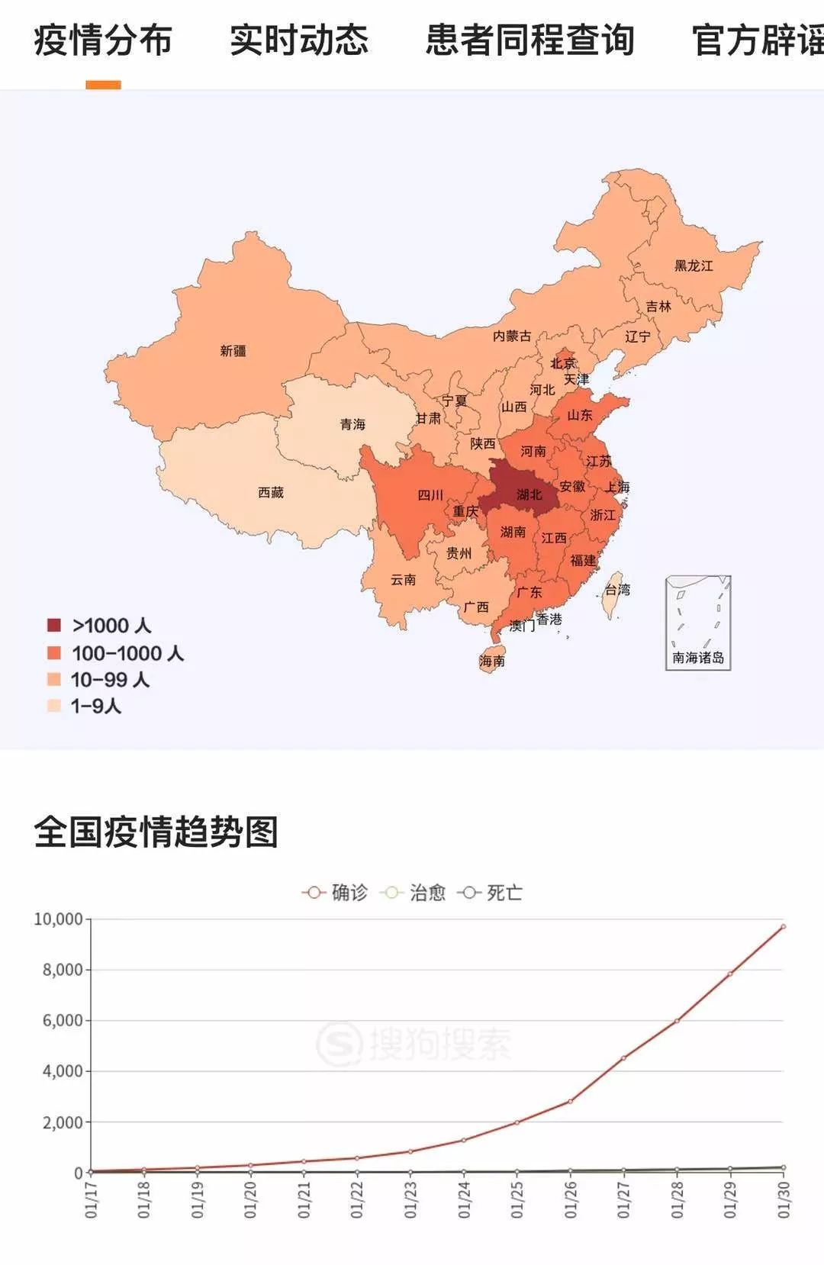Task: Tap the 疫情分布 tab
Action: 103,40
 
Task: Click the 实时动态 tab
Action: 298,40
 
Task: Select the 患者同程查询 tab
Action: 529,40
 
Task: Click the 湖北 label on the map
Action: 529,494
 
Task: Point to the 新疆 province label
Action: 233,351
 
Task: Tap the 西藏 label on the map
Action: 271,493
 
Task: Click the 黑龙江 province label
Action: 693,266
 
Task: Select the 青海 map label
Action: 352,424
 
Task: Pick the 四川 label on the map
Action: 430,495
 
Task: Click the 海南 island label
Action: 492,661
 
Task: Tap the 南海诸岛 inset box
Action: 698,623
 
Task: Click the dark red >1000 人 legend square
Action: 53,626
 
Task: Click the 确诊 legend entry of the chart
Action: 336,893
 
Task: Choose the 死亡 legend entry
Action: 491,893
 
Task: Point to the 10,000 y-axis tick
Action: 58,919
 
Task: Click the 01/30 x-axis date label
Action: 784,1199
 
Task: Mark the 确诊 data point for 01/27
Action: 623,1058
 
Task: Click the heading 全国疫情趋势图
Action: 156,832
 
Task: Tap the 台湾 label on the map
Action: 617,590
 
